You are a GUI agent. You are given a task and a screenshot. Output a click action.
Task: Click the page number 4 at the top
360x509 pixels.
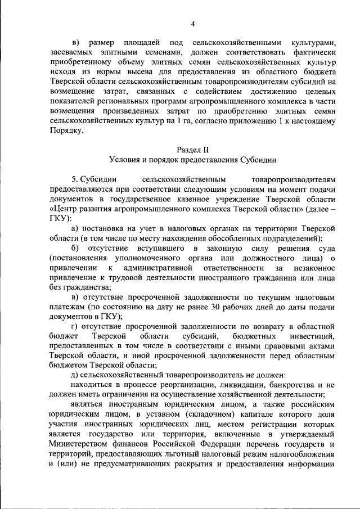(192, 23)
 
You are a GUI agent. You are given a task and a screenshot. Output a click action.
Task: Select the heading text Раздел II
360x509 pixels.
(192, 150)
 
